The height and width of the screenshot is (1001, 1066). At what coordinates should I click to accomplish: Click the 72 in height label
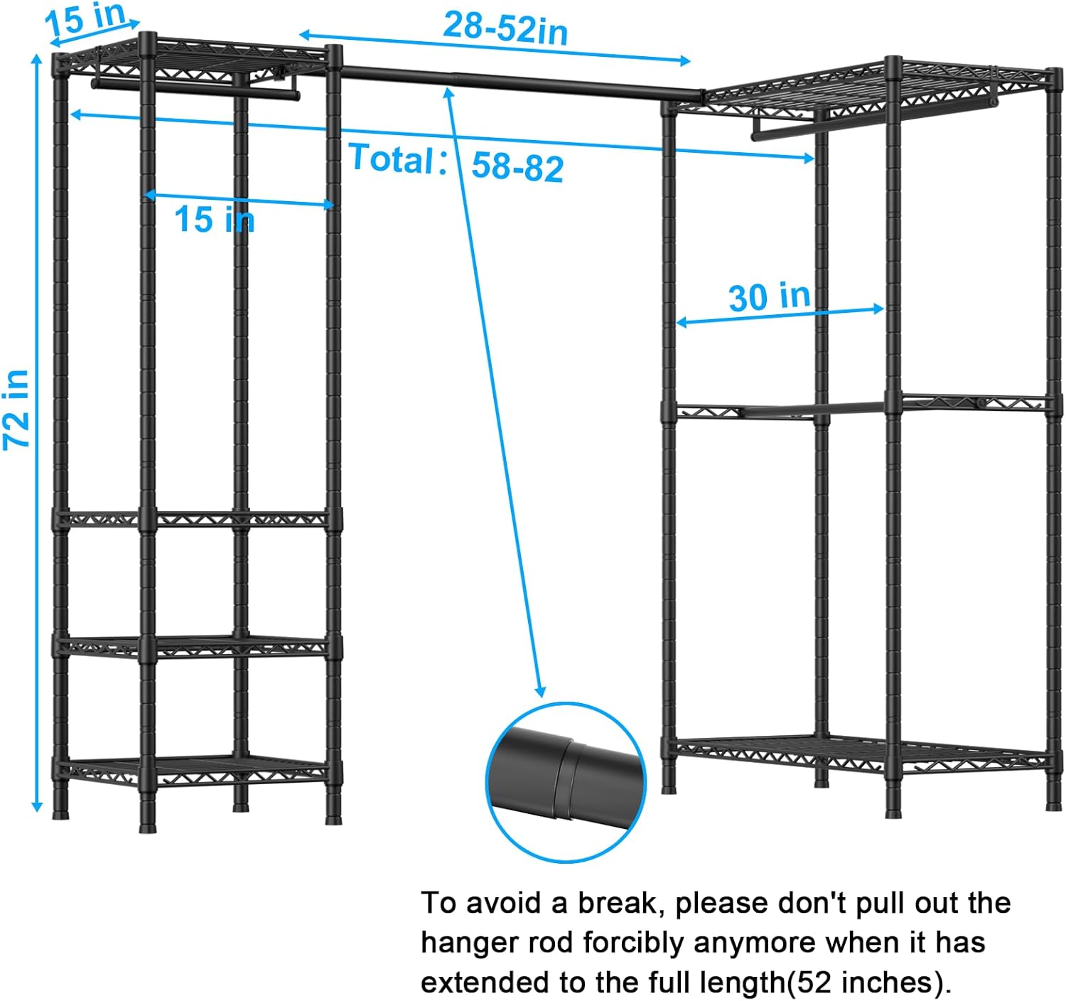click(x=17, y=409)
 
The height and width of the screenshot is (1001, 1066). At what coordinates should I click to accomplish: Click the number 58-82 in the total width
click(x=517, y=167)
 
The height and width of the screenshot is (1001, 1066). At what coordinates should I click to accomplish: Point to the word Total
click(x=392, y=158)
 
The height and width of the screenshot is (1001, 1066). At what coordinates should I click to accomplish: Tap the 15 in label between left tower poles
click(x=214, y=218)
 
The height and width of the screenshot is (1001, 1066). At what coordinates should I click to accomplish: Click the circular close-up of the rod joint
click(x=566, y=782)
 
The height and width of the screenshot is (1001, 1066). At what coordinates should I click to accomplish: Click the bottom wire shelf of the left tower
click(x=192, y=770)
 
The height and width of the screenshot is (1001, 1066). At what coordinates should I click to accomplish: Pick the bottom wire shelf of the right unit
click(x=853, y=751)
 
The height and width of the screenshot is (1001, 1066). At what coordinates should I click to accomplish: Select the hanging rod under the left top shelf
click(x=192, y=89)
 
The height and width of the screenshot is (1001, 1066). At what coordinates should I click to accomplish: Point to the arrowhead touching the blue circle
click(x=541, y=692)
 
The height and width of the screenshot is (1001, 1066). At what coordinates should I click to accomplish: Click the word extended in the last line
click(x=486, y=983)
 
